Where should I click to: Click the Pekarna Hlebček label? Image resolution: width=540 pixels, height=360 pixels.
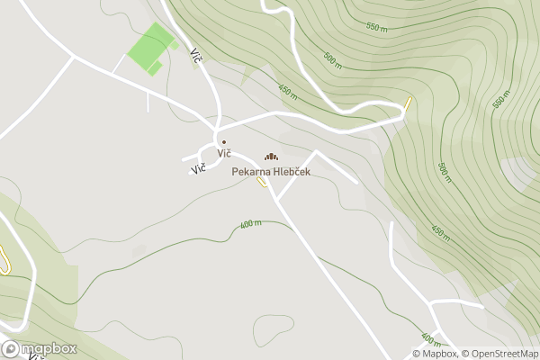click(x=271, y=171)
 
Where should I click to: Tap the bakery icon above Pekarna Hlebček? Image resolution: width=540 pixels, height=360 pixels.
click(x=271, y=157)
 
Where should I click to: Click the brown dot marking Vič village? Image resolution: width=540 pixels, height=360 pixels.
click(x=224, y=142)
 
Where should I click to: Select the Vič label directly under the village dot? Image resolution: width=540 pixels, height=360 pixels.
click(x=224, y=153)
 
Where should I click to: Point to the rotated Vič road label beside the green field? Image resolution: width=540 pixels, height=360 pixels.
click(x=195, y=55)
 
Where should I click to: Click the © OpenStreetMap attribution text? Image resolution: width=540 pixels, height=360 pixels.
click(x=499, y=354)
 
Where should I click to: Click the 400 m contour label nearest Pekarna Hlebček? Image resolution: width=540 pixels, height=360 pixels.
click(x=251, y=224)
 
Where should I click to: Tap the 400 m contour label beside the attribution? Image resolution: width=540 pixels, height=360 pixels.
click(x=431, y=340)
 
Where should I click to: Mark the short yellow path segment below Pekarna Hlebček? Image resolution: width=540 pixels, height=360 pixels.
click(x=262, y=183)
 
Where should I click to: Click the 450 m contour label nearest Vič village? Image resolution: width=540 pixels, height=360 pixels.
click(x=287, y=90)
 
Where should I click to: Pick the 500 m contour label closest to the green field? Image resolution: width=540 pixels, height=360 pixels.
click(x=332, y=60)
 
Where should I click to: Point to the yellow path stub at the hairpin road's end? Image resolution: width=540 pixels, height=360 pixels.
click(x=408, y=102)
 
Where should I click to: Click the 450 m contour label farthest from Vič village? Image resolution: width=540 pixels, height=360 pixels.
click(x=440, y=233)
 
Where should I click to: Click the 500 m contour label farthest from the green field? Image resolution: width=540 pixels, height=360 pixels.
click(x=443, y=171)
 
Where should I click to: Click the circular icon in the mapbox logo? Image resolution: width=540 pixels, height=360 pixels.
click(x=11, y=349)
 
